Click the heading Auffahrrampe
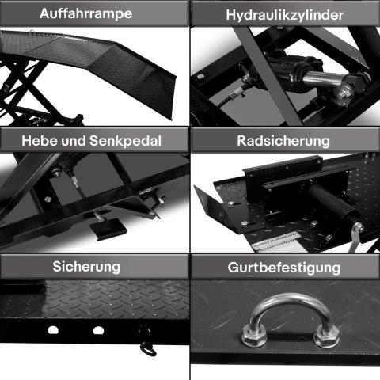[94, 14]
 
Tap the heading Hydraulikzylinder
[284, 14]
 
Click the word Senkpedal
[130, 141]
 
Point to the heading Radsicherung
[284, 141]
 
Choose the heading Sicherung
[94, 266]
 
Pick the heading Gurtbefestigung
[284, 268]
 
